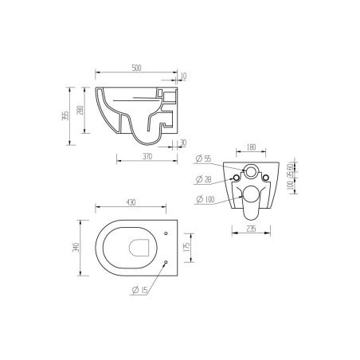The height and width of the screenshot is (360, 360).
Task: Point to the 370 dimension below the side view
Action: pos(147,158)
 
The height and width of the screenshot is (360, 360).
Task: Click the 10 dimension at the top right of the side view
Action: pos(184,76)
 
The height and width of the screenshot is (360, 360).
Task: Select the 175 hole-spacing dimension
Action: pos(187,248)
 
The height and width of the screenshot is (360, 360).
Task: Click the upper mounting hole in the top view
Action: pos(165,233)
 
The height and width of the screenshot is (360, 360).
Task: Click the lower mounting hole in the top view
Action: pos(165,262)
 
